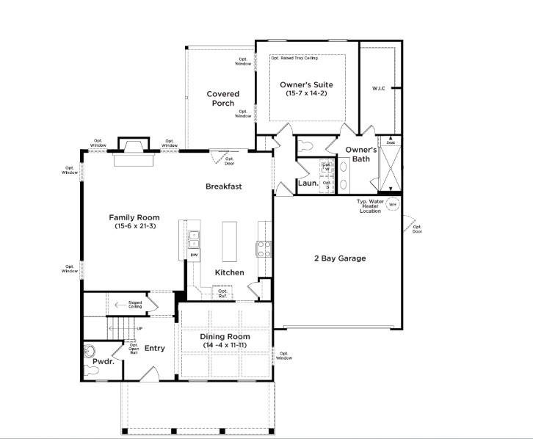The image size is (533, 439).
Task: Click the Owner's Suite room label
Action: point(307,85)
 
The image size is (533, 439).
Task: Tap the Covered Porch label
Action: point(223,98)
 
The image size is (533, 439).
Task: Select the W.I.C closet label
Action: point(379,89)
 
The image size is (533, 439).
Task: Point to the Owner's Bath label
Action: point(361,154)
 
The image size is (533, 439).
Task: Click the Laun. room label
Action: point(308,184)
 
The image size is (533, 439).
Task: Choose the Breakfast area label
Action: point(223,186)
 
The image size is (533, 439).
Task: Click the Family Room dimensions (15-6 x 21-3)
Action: point(134,227)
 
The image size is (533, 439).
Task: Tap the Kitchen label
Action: point(229,272)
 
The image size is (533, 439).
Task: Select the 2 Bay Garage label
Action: point(339,258)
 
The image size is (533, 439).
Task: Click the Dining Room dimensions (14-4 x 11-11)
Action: point(225,344)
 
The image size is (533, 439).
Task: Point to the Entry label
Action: point(154,348)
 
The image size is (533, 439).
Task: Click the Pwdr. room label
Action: point(102,362)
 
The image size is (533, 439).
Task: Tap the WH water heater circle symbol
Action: point(392,205)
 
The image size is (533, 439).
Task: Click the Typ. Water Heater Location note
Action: point(371,206)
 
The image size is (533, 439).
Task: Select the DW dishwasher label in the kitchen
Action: point(195,255)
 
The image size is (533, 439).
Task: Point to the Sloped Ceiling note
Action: point(135,304)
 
